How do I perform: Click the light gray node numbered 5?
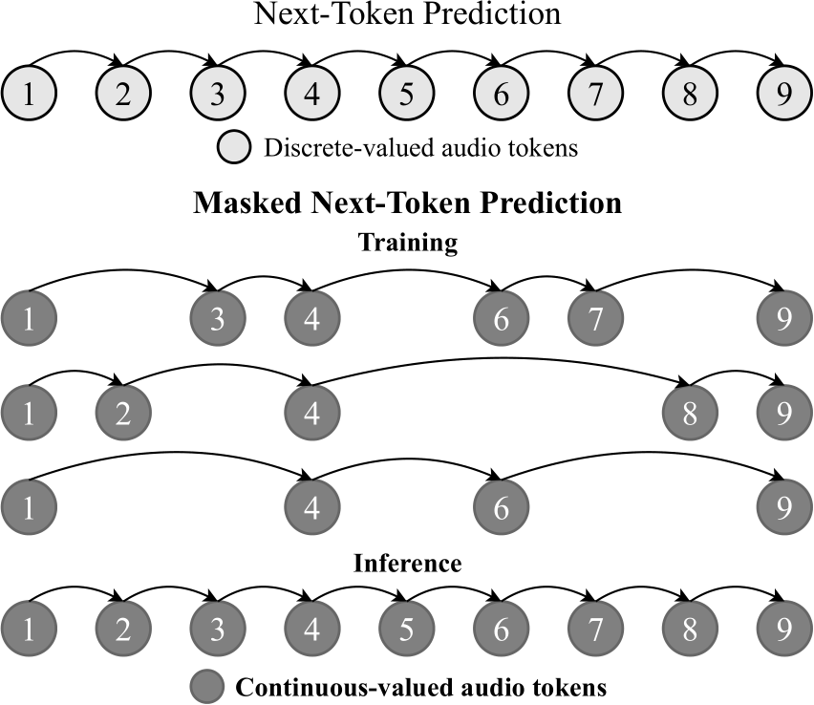(407, 95)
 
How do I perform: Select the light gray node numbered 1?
(30, 95)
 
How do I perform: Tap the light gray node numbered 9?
(784, 95)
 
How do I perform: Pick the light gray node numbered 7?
(595, 95)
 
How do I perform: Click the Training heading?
(407, 243)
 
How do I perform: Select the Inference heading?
(407, 564)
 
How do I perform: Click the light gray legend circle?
(236, 148)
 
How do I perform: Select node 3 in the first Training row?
(218, 318)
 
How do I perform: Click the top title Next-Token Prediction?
(407, 16)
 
